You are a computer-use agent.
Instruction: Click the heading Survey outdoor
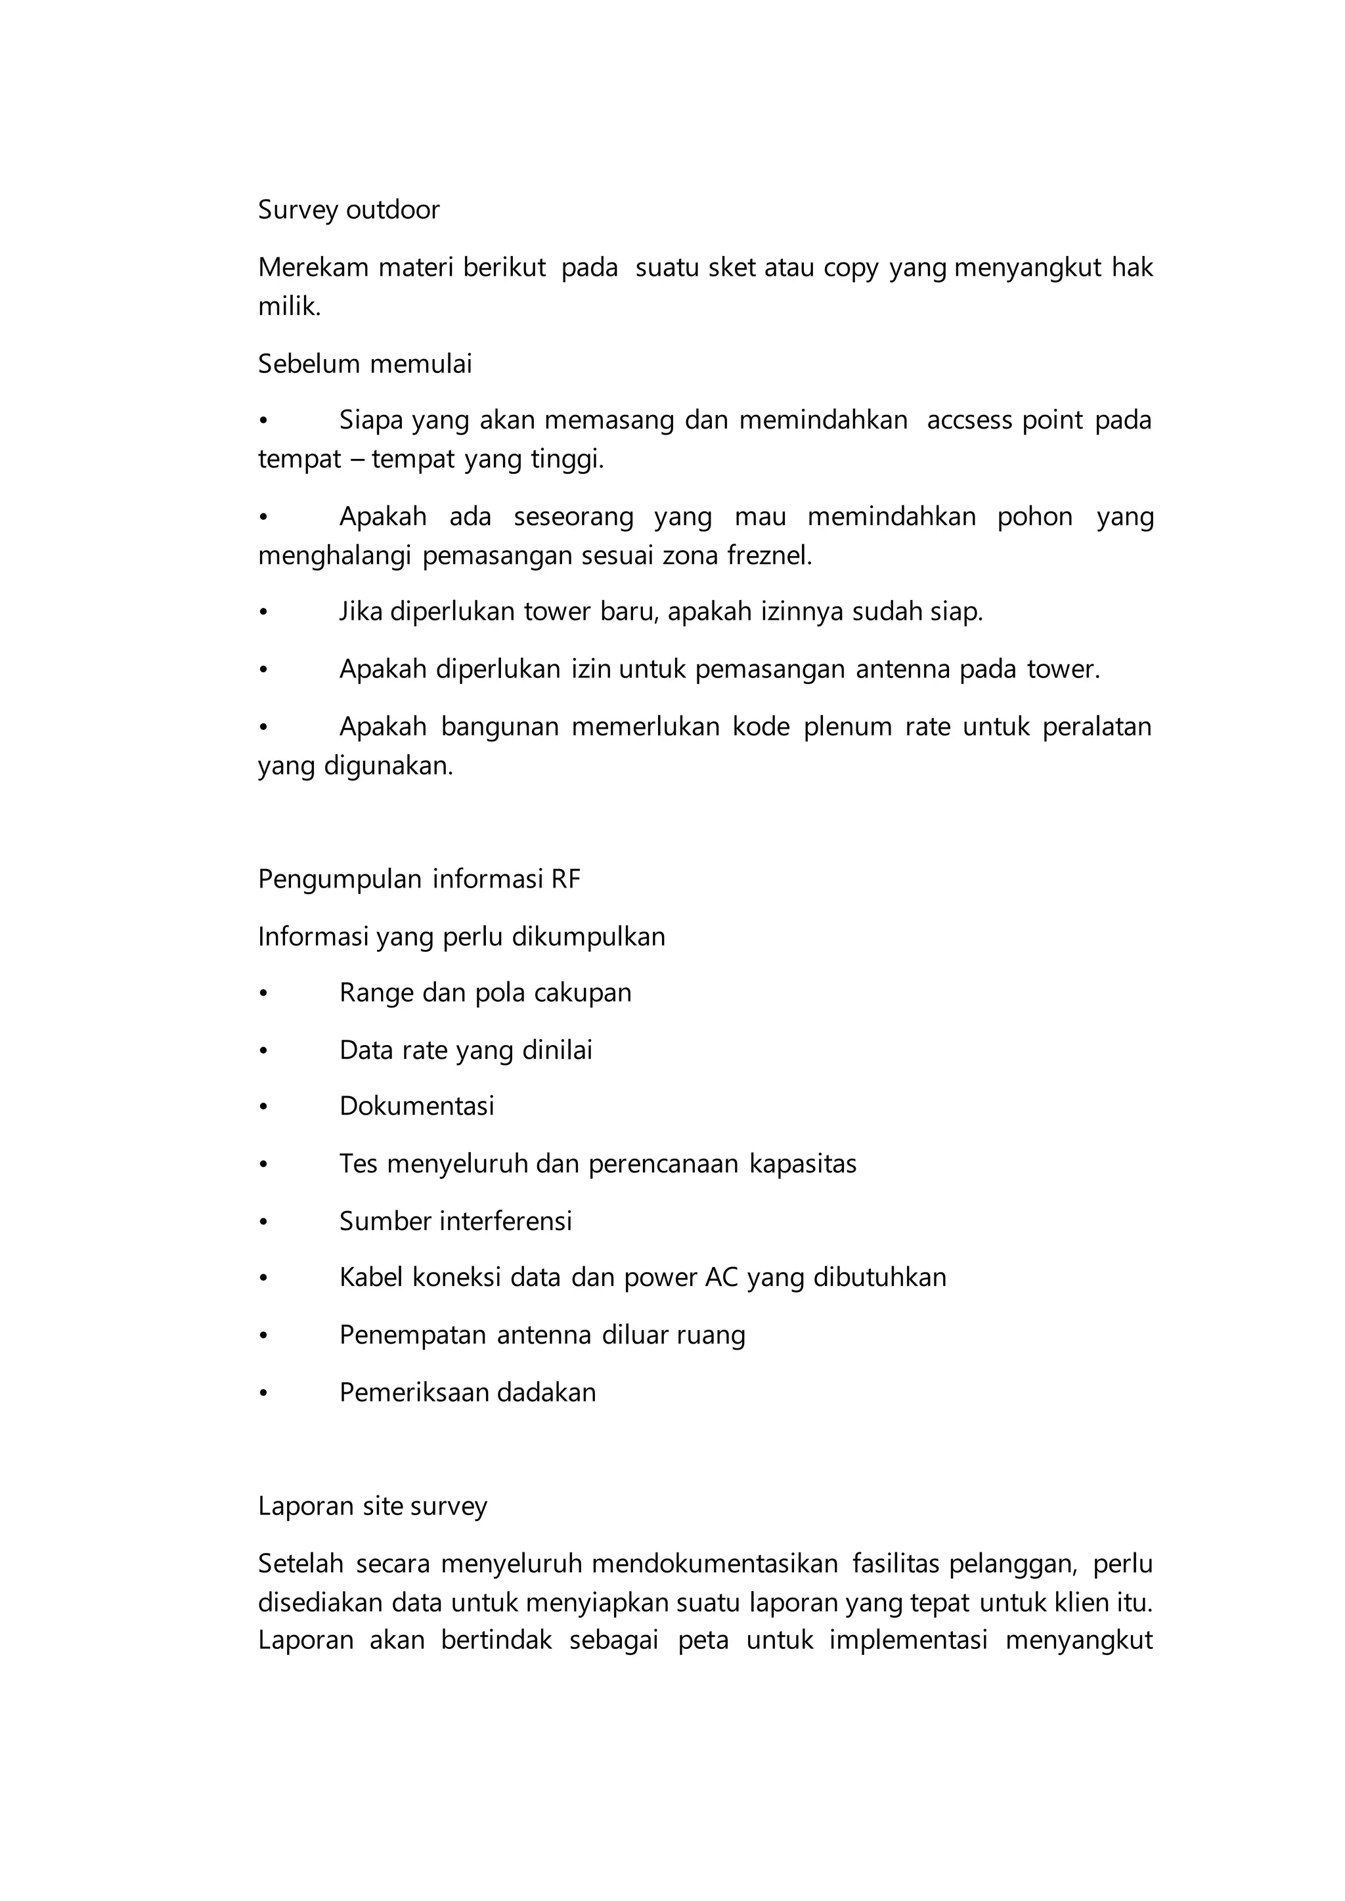coord(349,210)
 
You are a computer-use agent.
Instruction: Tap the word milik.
coord(288,307)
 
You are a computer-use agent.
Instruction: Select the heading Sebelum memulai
coord(364,364)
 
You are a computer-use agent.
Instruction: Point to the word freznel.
coord(768,555)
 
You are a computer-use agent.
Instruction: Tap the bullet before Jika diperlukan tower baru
coord(263,612)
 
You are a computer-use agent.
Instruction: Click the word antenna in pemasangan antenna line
coord(903,669)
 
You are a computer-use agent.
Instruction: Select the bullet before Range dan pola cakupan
coord(263,994)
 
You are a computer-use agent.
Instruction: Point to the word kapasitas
coord(803,1164)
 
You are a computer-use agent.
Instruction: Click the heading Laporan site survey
coord(372,1506)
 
